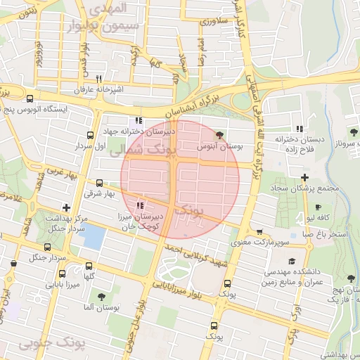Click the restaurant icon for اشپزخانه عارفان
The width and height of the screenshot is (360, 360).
click(x=98, y=79)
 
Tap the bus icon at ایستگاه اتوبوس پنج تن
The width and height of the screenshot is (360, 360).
click(x=30, y=98)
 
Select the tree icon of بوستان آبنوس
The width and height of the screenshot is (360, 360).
click(x=220, y=134)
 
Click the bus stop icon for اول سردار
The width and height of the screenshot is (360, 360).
click(x=90, y=135)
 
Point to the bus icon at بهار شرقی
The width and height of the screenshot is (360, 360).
click(x=98, y=182)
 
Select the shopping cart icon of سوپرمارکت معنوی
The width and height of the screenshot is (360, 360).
click(x=259, y=232)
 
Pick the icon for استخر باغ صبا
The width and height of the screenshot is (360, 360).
click(x=308, y=246)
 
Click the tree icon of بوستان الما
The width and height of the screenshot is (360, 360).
click(x=102, y=297)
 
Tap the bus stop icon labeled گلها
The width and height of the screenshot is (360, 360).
click(x=89, y=266)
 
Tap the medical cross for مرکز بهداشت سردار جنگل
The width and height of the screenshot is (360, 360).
click(x=66, y=207)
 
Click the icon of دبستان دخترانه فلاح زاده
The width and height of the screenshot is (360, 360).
click(x=300, y=128)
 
